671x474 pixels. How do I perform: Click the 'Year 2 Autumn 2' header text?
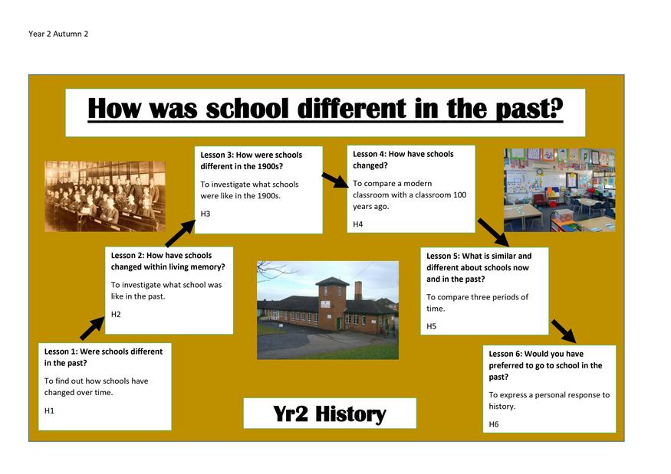[x=58, y=34]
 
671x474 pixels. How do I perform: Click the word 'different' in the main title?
[x=352, y=108]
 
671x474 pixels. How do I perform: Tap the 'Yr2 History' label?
[x=330, y=414]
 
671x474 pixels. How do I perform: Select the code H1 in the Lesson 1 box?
[x=49, y=410]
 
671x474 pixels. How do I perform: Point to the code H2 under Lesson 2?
[x=116, y=314]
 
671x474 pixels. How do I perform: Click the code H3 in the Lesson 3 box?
[x=206, y=214]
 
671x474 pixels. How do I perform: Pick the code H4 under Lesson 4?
[x=358, y=224]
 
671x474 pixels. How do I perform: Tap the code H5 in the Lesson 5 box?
[x=431, y=326]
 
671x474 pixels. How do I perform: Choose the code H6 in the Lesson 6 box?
[x=494, y=424]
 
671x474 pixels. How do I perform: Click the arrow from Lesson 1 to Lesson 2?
[x=92, y=329]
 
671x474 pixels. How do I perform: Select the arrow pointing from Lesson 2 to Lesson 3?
[x=179, y=234]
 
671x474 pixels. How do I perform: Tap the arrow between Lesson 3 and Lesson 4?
[x=336, y=180]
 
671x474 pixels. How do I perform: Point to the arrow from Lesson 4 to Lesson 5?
[x=493, y=233]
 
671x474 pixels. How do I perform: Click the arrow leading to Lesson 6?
[x=564, y=332]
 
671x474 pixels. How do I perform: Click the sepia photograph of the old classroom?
[x=105, y=196]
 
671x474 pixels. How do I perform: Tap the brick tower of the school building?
[x=332, y=302]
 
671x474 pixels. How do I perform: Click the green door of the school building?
[x=340, y=323]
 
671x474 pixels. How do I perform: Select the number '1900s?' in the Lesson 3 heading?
[x=269, y=166]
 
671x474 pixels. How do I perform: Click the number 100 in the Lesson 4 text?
[x=459, y=195]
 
